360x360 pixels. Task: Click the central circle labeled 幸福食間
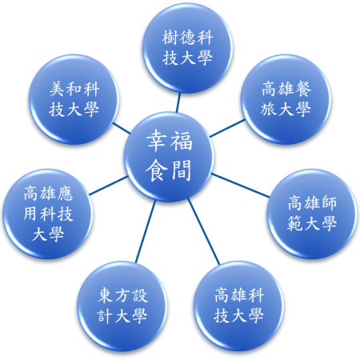click(169, 157)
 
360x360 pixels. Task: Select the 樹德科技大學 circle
click(187, 48)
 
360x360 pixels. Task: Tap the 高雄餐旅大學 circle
click(286, 99)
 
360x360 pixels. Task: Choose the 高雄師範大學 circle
click(312, 214)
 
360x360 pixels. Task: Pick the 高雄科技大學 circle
click(238, 306)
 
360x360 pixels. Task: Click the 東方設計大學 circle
click(122, 306)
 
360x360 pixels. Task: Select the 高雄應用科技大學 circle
click(48, 214)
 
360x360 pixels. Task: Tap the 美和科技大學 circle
click(74, 99)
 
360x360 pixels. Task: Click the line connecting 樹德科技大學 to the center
click(178, 102)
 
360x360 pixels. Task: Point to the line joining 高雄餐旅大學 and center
click(227, 128)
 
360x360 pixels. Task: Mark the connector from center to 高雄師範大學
click(240, 186)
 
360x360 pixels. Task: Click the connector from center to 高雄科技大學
click(204, 231)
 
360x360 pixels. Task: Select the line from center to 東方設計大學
click(146, 231)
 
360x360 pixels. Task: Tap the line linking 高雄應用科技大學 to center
click(108, 186)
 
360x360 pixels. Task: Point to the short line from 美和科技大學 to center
click(122, 128)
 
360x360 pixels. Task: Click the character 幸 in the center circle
click(157, 141)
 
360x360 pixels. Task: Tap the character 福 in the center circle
click(182, 141)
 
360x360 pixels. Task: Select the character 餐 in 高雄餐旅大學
click(302, 89)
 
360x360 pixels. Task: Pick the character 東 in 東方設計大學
click(106, 295)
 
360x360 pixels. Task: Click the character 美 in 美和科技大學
click(58, 89)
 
